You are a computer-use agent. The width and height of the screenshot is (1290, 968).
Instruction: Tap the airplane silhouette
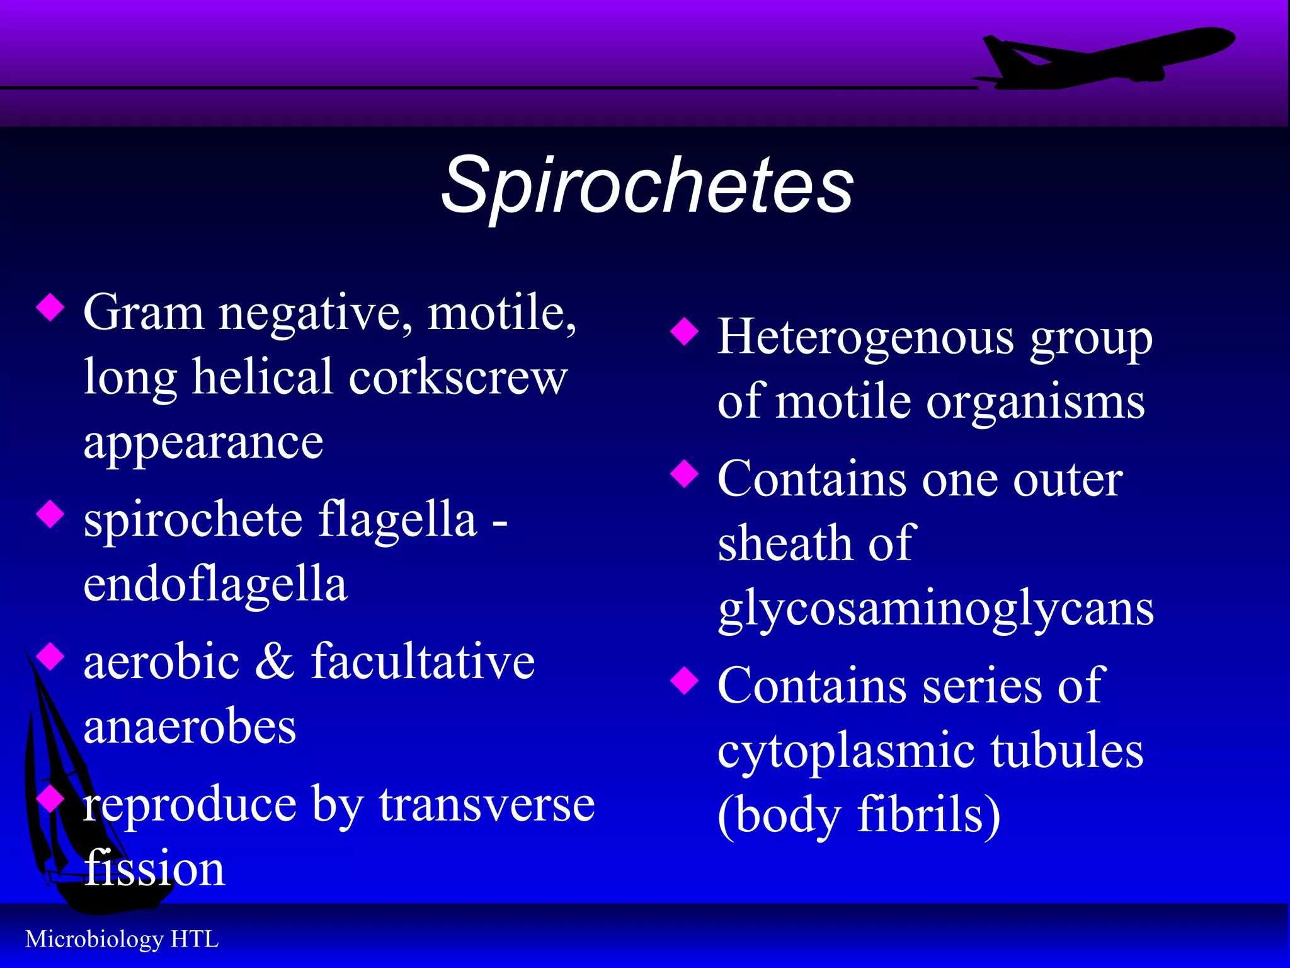1109,60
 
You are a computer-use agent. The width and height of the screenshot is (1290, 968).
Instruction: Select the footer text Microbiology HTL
122,939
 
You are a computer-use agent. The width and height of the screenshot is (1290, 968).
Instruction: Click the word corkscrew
458,377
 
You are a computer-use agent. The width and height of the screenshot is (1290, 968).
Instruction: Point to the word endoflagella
215,584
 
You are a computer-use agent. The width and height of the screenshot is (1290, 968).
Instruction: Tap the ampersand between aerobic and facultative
275,661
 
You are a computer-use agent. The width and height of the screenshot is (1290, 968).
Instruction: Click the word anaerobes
190,727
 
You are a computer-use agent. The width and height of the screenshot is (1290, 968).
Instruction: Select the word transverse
487,805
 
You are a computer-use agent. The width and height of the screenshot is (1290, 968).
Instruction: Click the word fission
154,868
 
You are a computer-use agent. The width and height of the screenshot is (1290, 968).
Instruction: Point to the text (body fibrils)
859,815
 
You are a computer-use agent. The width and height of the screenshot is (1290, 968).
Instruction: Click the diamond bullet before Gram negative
50,308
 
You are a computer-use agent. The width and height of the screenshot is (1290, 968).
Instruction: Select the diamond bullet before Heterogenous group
685,331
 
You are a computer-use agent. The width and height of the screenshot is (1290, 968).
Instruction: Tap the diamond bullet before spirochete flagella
50,514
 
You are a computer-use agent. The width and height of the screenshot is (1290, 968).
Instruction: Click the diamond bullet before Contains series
685,681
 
